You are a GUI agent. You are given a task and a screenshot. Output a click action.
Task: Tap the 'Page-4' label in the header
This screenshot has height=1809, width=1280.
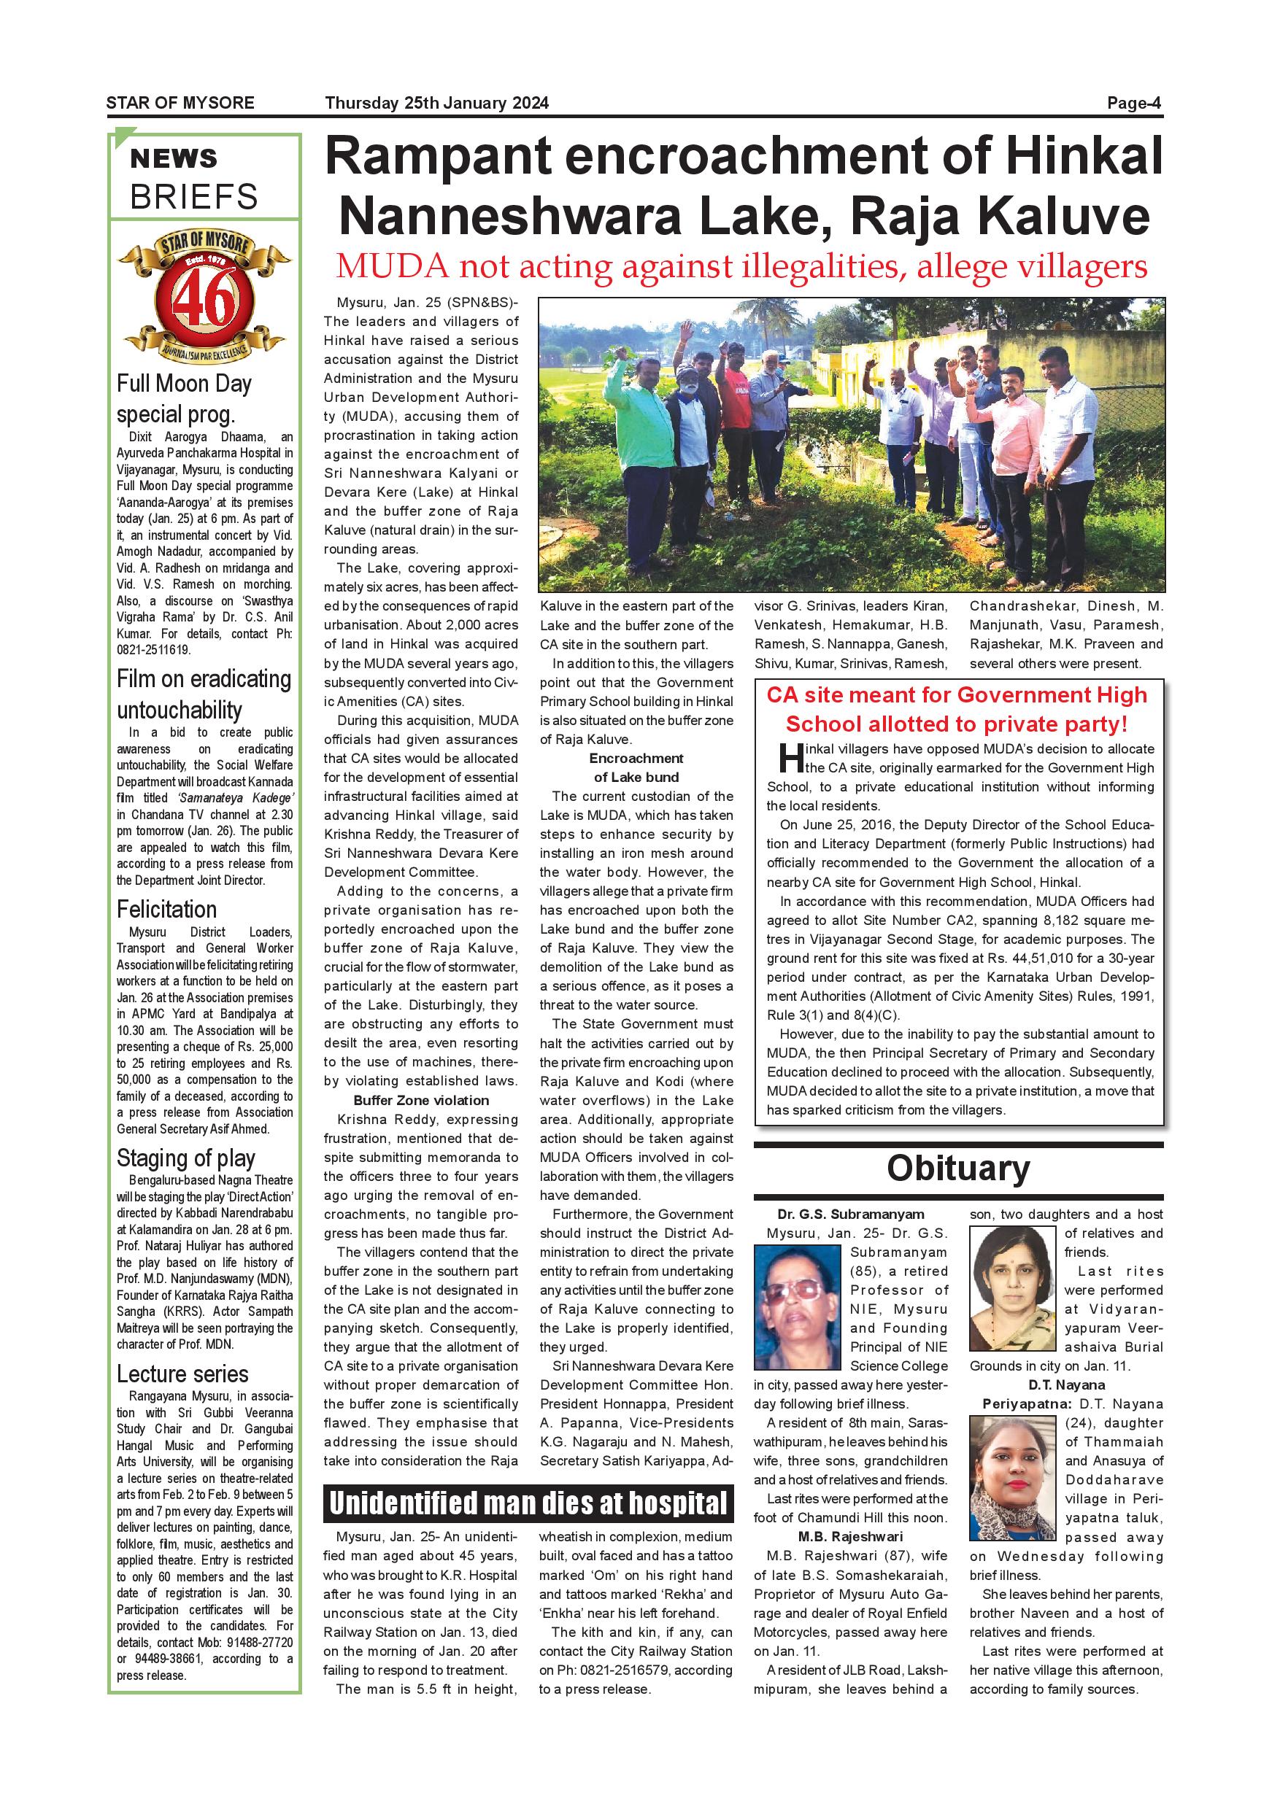pyautogui.click(x=1133, y=103)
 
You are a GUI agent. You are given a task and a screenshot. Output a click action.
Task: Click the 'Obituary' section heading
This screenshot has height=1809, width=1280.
pyautogui.click(x=957, y=1169)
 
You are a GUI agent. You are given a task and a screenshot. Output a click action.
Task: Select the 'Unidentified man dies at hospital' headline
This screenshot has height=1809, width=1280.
pyautogui.click(x=528, y=1503)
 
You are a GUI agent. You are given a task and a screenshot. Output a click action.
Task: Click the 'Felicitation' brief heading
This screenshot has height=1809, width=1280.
pyautogui.click(x=166, y=909)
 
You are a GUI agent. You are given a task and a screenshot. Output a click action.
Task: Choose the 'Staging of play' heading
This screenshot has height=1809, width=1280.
pyautogui.click(x=186, y=1158)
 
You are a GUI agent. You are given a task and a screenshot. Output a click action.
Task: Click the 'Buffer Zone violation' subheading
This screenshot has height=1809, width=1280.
pyautogui.click(x=421, y=1100)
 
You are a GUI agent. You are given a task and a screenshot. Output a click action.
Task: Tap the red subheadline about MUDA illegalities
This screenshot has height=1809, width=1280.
pyautogui.click(x=741, y=266)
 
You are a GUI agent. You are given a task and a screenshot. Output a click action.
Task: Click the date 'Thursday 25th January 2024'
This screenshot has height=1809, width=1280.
pyautogui.click(x=436, y=103)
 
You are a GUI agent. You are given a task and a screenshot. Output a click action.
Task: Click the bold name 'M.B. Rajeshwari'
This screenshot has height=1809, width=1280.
pyautogui.click(x=849, y=1536)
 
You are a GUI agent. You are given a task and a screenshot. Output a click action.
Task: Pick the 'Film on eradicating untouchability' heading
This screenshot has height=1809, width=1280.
pyautogui.click(x=204, y=694)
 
